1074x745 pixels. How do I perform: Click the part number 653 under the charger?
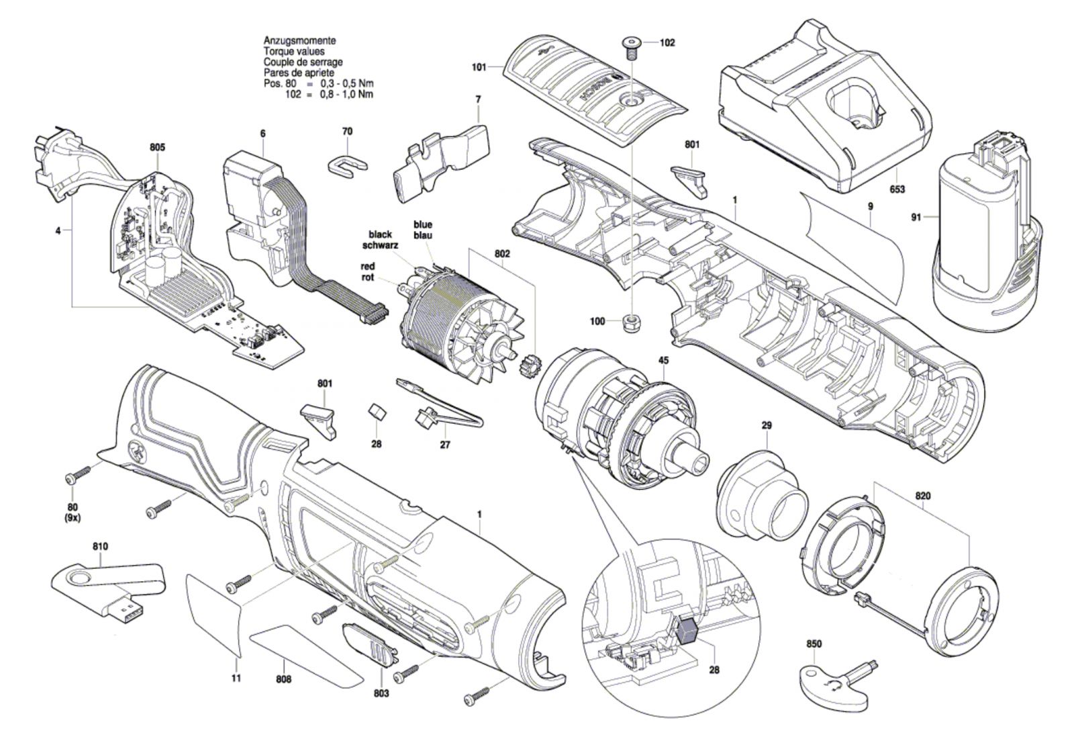click(897, 189)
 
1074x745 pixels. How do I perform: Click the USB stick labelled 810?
click(108, 590)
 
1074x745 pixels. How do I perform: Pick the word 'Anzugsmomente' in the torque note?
click(299, 41)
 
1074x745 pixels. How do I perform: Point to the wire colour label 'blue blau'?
click(422, 230)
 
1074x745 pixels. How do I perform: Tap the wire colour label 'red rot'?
click(368, 272)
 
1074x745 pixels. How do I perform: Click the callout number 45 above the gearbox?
click(663, 360)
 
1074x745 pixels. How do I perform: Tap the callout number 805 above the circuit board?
click(157, 147)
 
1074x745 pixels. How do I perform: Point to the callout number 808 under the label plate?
click(284, 679)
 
